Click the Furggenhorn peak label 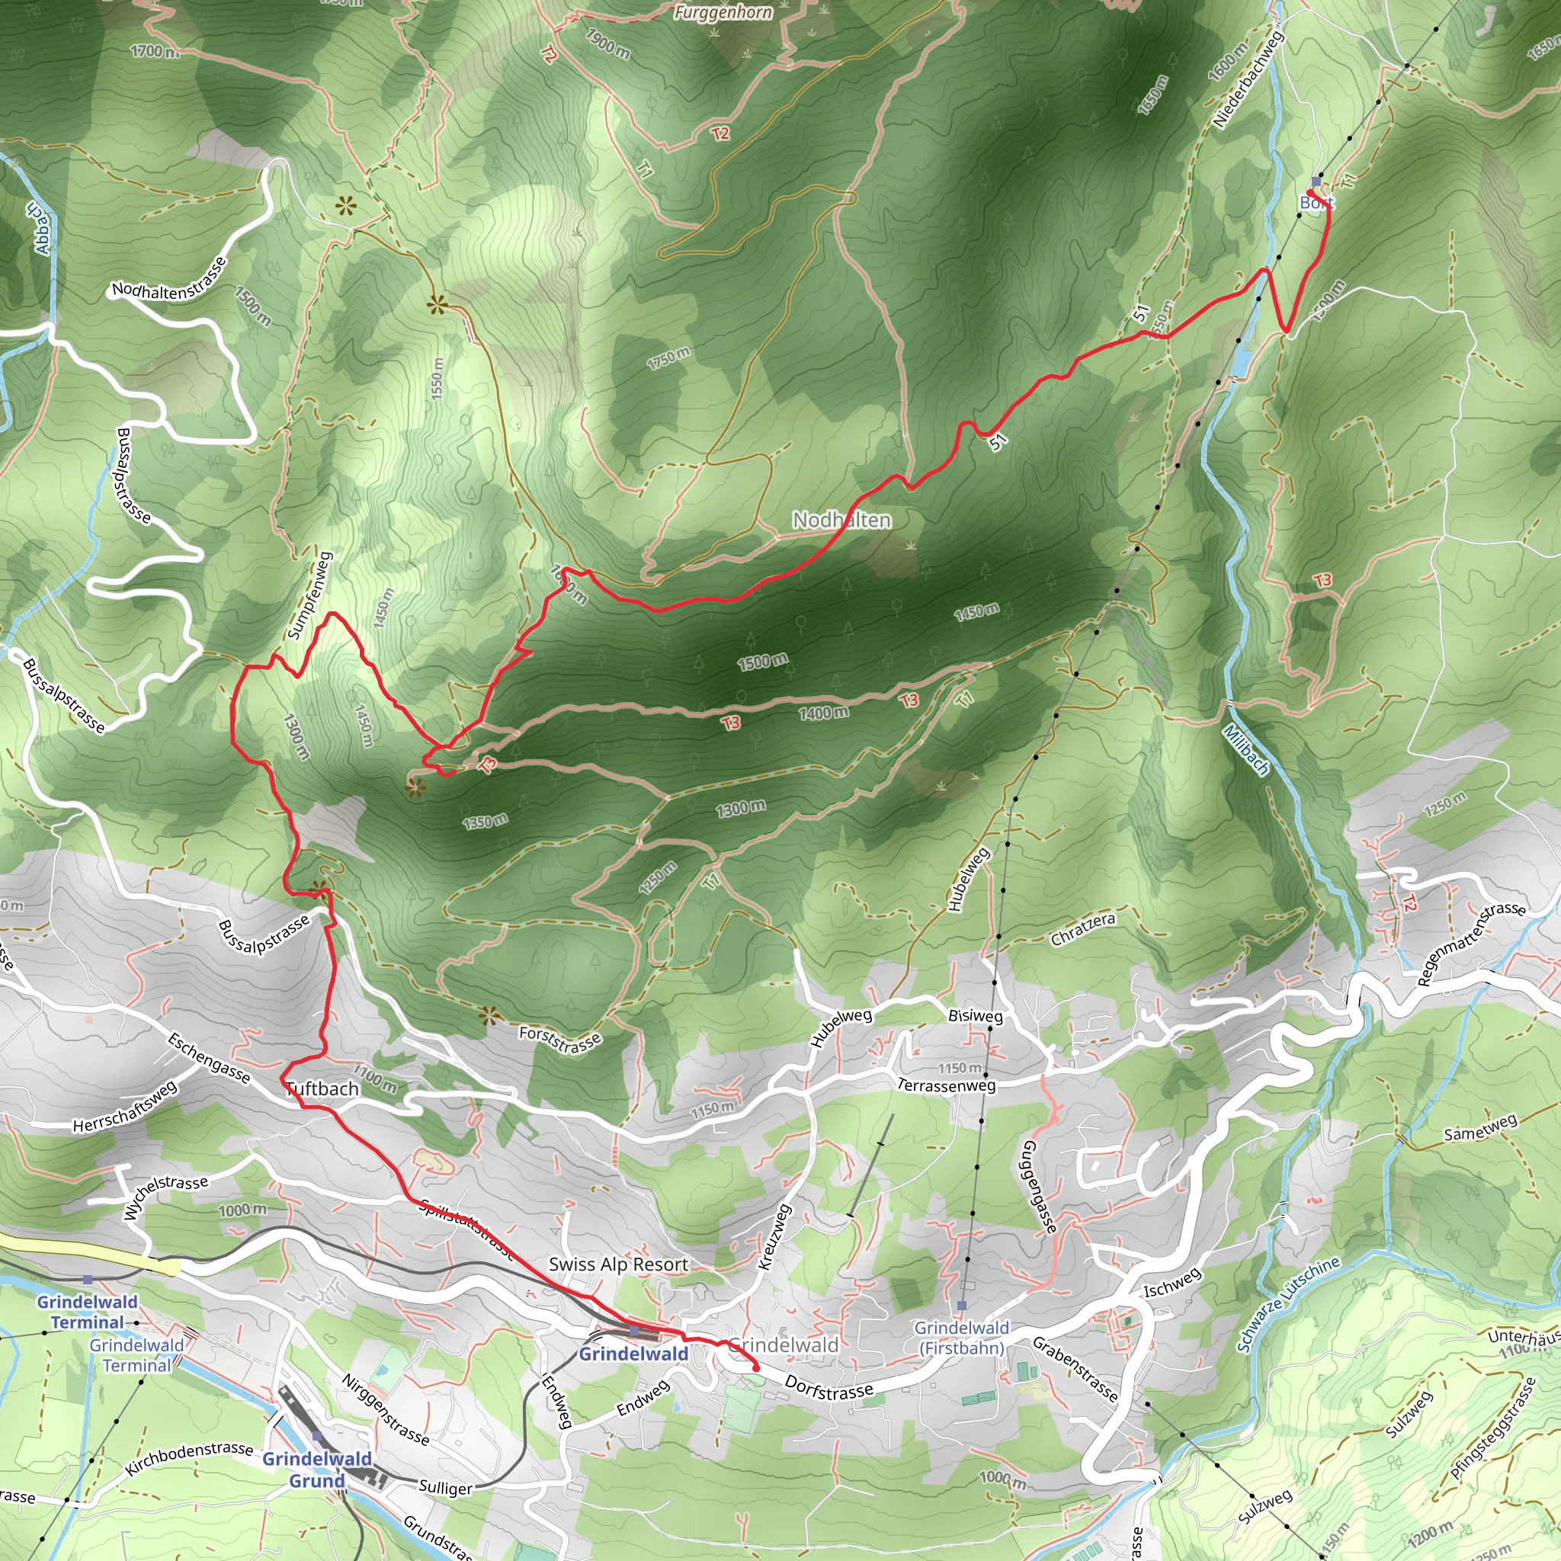pos(723,12)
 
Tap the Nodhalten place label pos(841,520)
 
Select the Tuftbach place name pos(322,1088)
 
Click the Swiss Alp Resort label pos(618,1265)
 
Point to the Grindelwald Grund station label pos(318,1470)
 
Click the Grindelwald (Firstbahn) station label pos(961,1337)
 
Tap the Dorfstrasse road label pos(829,1389)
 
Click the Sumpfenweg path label pos(309,595)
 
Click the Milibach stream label pos(1246,749)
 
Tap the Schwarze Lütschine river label pos(1288,1303)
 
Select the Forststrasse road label pos(560,1040)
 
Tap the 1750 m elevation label pos(668,358)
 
